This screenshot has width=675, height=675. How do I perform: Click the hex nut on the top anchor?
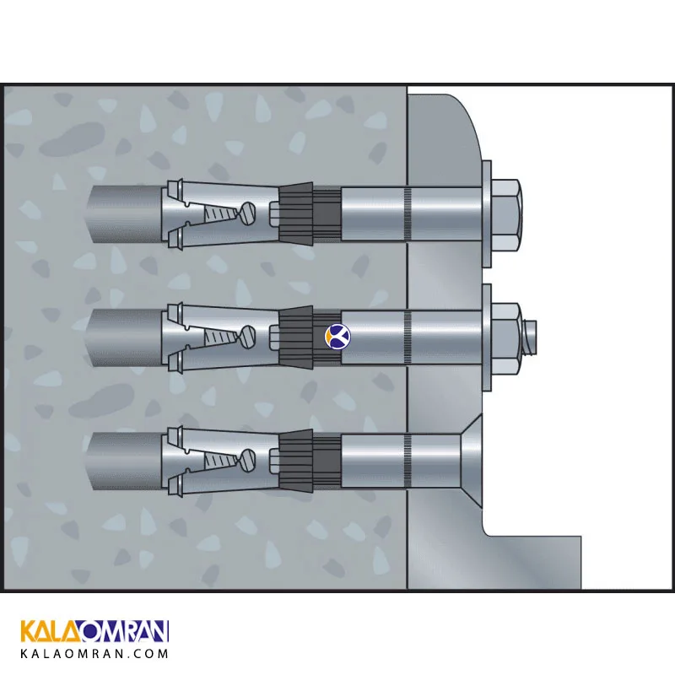tap(507, 215)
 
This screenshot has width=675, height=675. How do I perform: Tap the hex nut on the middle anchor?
tap(507, 338)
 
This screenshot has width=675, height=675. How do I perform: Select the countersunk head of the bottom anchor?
tap(472, 461)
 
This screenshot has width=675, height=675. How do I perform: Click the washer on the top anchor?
tap(487, 215)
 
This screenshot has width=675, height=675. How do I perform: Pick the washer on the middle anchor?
tap(487, 338)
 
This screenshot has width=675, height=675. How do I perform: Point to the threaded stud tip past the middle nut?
tap(529, 337)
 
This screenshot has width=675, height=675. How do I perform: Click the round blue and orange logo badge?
tap(337, 337)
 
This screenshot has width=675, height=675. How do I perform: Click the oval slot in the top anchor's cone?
tap(247, 213)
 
